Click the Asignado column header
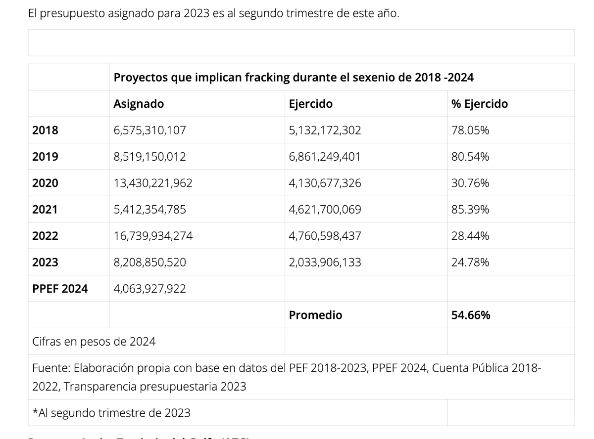[139, 104]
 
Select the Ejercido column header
[311, 104]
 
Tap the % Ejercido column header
[479, 104]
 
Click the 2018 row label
[45, 131]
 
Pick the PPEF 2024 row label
[60, 289]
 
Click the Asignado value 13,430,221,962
[153, 183]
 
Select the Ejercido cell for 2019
[325, 157]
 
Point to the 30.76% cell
[470, 183]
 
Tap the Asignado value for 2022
[153, 236]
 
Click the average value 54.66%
[471, 315]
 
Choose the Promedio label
[315, 315]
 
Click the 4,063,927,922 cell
[150, 289]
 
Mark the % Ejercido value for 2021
[470, 210]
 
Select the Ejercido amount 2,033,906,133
[325, 263]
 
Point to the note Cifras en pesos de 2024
[94, 341]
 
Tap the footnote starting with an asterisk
[111, 413]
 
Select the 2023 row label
[45, 263]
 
